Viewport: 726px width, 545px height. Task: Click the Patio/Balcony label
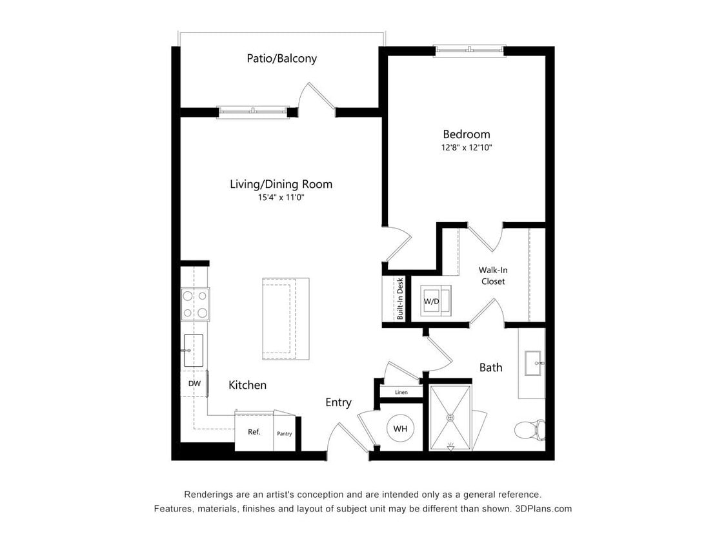281,58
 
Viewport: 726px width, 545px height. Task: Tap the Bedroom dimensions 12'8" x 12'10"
466,147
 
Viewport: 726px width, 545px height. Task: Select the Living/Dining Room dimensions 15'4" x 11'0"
281,198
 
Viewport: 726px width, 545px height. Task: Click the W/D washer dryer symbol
432,301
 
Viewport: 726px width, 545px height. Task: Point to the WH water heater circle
400,428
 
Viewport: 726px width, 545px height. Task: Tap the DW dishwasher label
194,384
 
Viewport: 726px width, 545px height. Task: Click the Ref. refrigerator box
254,432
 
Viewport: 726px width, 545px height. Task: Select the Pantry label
284,433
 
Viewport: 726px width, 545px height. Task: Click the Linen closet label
401,392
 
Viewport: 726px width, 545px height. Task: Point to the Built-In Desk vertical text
400,299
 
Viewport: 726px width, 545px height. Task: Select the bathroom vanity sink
534,363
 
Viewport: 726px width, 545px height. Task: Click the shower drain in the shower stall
450,417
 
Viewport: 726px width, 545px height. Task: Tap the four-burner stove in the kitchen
194,304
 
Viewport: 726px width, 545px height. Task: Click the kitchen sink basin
194,350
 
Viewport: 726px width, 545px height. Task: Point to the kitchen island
285,318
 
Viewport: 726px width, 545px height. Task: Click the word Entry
338,402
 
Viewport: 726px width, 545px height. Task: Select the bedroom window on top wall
469,50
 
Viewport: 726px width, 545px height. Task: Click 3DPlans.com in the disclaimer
543,509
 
